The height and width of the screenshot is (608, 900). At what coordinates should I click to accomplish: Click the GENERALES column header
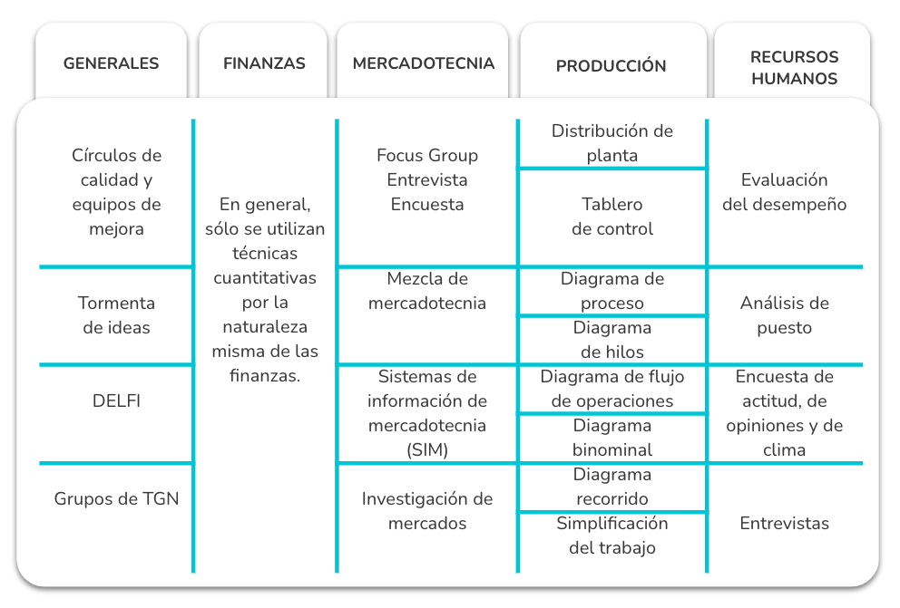[111, 63]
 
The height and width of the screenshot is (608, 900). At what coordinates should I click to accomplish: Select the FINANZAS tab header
[264, 63]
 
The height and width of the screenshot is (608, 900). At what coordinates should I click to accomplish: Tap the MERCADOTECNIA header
[424, 63]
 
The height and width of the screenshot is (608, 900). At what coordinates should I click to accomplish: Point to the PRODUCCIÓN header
[611, 65]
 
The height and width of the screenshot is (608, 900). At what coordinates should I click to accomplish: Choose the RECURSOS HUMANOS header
[795, 68]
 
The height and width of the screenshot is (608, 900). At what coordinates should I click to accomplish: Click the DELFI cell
[116, 401]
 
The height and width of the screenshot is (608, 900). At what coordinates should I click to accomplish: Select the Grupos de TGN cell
[116, 498]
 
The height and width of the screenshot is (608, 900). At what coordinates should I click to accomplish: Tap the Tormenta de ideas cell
[116, 315]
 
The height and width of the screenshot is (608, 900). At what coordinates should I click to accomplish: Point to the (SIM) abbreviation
[427, 449]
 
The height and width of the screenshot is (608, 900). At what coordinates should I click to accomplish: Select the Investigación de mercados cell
[427, 510]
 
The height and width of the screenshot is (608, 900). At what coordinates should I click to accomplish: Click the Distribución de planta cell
[611, 142]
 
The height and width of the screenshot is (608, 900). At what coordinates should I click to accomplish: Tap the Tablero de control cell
[611, 216]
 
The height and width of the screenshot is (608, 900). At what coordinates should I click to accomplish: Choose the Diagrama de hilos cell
[611, 339]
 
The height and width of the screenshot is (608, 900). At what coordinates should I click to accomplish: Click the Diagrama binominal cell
[611, 438]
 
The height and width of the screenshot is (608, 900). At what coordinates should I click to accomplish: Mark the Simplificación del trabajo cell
[611, 536]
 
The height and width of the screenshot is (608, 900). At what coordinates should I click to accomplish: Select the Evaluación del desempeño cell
[784, 192]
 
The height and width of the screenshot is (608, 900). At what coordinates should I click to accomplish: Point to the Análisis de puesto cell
[784, 315]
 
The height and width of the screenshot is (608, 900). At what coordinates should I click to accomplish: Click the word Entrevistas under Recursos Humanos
[784, 523]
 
